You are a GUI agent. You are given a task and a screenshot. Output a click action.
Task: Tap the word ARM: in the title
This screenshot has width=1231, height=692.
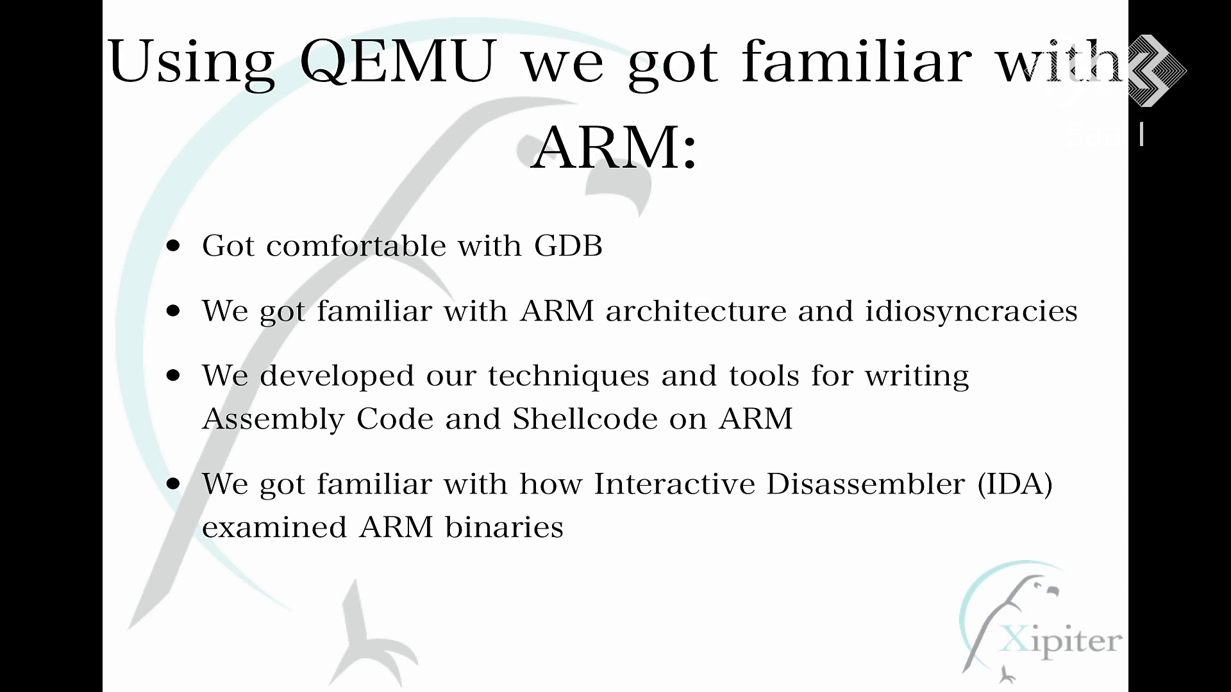coord(614,147)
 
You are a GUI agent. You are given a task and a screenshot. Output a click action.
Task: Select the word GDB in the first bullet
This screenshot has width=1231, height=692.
coord(568,245)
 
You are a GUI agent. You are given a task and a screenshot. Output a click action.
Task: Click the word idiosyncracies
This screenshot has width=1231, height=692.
coord(971,312)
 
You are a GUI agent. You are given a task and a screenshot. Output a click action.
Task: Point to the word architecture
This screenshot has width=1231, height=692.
coord(696,311)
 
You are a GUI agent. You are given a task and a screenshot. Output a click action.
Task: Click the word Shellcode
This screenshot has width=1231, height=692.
coord(585,418)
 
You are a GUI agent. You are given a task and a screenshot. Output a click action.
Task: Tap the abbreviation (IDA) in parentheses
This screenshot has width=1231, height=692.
coord(1015,484)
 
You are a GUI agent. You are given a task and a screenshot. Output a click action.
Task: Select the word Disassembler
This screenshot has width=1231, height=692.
coord(866,483)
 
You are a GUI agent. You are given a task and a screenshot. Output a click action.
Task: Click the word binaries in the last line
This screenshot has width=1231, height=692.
coord(504,527)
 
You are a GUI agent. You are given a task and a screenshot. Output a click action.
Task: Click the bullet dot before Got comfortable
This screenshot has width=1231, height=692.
coord(173,246)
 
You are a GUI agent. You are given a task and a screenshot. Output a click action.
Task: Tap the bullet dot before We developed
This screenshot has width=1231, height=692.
coord(173,375)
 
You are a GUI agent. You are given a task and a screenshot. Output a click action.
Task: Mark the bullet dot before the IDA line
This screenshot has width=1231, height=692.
coord(173,484)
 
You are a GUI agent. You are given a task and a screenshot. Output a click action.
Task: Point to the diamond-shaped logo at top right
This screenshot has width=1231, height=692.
coord(1156,70)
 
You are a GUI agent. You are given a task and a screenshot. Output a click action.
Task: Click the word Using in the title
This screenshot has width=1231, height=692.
coord(190,63)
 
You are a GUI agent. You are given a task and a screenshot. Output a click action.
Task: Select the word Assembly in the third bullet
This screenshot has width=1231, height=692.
coord(273,420)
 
